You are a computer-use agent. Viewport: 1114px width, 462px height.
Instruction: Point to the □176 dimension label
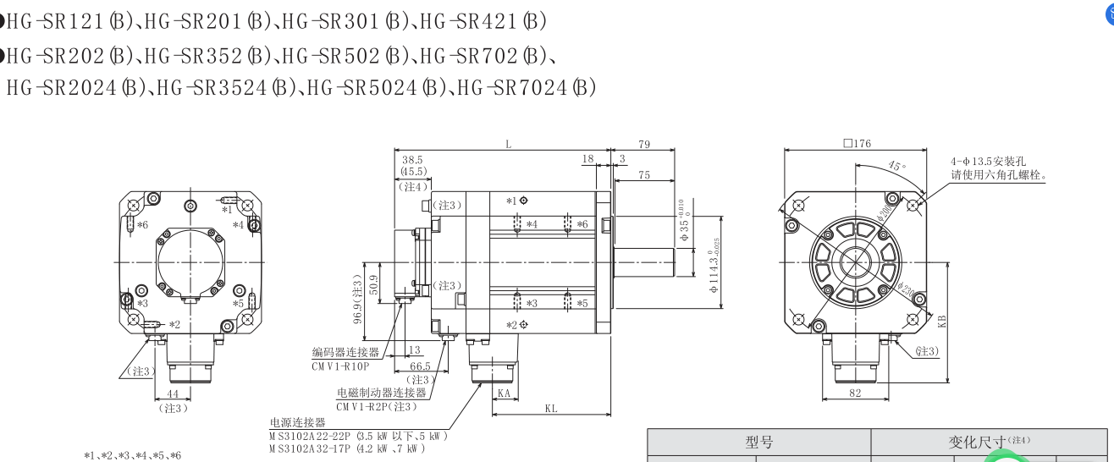[x=856, y=144]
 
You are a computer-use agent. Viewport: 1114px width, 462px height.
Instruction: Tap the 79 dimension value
[x=644, y=145]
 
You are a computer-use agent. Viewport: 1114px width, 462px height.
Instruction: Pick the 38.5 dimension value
[x=413, y=159]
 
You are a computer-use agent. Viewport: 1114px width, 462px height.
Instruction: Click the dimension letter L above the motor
[x=509, y=145]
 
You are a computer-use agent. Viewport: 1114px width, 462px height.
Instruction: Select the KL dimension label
[x=551, y=408]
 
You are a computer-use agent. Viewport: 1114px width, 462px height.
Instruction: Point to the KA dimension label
[x=504, y=393]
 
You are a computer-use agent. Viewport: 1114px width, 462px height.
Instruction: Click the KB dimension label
[x=942, y=320]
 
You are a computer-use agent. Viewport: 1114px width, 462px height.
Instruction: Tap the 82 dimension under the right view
[x=856, y=393]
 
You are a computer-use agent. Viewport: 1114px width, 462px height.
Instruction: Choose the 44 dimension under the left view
[x=173, y=395]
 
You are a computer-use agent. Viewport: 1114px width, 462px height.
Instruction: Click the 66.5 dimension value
[x=420, y=366]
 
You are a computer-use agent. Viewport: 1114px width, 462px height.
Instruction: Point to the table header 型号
[x=758, y=443]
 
